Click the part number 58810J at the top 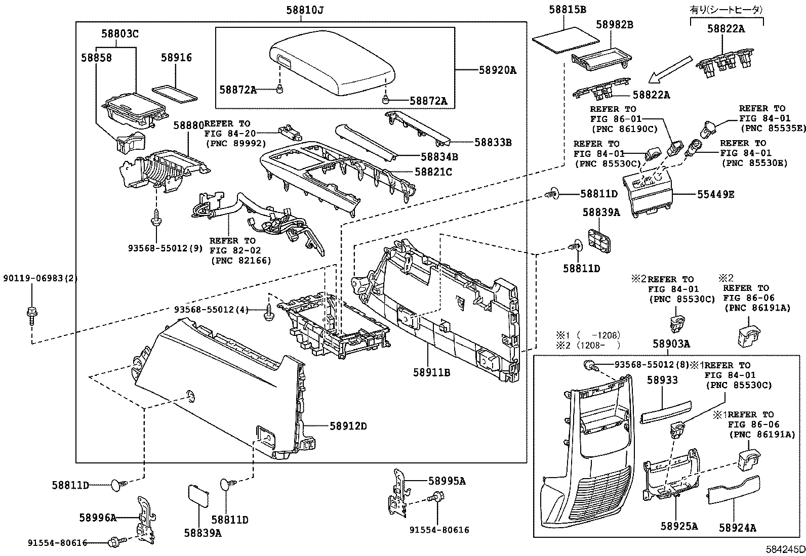[301, 10]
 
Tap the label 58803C [119, 34]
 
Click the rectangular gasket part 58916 [175, 94]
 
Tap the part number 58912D [348, 426]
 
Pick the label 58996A [98, 517]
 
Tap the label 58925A [679, 526]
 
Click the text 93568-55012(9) [158, 248]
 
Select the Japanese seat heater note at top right [727, 9]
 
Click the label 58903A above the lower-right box [671, 344]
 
